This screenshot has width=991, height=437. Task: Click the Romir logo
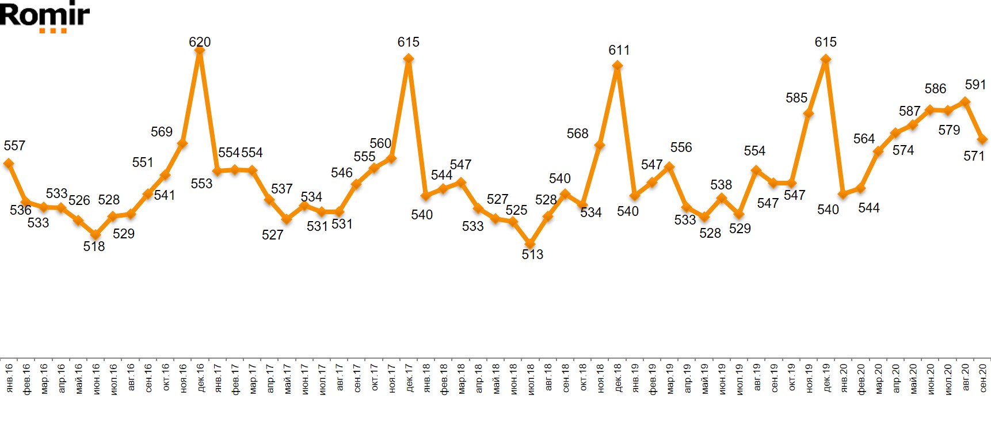(45, 17)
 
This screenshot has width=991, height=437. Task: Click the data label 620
(200, 42)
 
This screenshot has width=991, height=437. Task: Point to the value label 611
(619, 50)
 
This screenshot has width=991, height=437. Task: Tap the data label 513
(532, 254)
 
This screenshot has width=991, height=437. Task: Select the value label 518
(94, 246)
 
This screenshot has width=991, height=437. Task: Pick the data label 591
(975, 85)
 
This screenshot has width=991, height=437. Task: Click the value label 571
(974, 156)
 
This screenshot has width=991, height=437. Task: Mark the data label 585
(796, 98)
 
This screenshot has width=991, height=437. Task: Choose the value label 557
(14, 146)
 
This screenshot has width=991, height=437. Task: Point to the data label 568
(577, 134)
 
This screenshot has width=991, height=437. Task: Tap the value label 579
(949, 130)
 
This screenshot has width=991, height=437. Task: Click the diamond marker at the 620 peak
(200, 51)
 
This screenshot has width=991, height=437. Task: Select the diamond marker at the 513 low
(530, 244)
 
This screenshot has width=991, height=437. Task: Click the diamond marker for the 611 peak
(617, 65)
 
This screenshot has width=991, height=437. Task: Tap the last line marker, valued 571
(983, 139)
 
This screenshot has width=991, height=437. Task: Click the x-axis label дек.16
(201, 378)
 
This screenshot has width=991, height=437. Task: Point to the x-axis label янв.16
(9, 378)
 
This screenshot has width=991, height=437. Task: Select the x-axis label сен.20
(984, 378)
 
